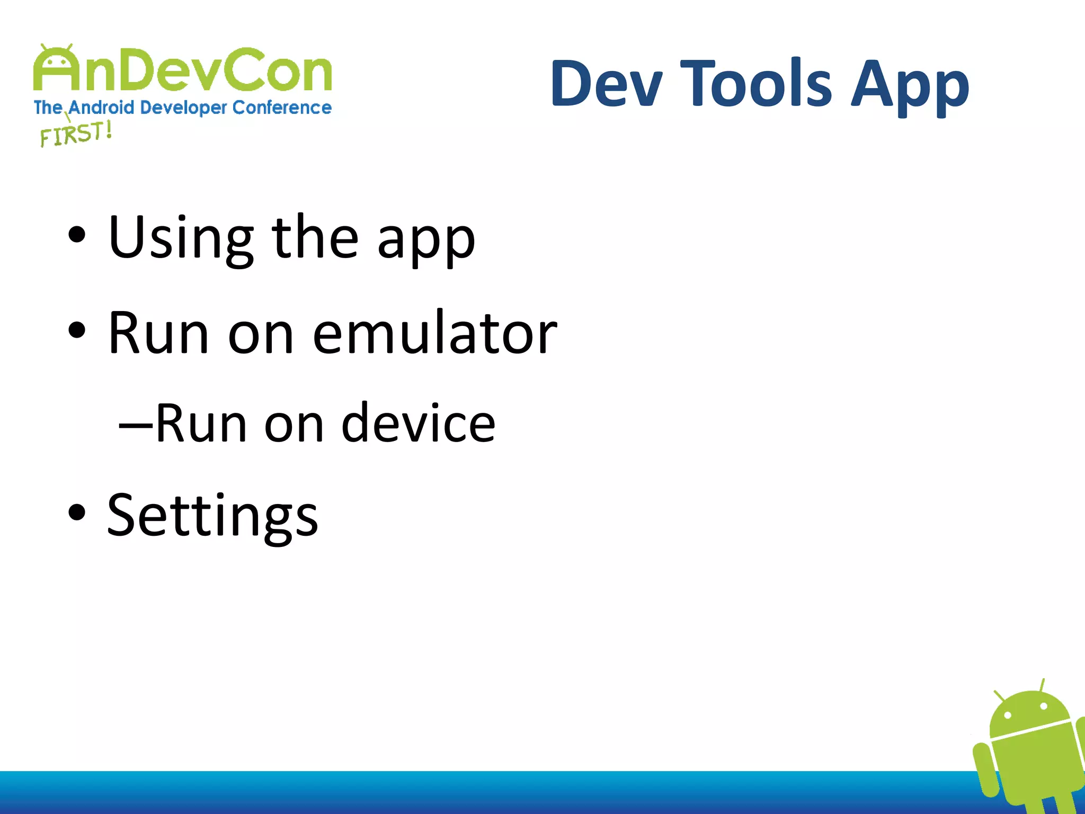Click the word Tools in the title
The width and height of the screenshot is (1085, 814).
coord(756,84)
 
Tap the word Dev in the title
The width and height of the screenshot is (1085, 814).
coord(607,84)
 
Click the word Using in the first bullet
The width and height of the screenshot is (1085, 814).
coord(180,237)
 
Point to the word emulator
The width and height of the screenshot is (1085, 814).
coord(434,333)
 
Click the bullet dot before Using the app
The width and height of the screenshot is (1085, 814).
coord(77,235)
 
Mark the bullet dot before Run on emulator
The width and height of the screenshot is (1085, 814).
coord(77,330)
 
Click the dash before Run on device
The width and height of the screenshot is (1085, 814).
coord(136,424)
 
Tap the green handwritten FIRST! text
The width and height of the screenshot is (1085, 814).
coord(76,134)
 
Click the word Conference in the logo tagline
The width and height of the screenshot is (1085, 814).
coord(282,108)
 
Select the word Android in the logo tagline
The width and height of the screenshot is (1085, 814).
coord(101,108)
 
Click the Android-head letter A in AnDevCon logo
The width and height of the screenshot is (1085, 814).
coord(56,69)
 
